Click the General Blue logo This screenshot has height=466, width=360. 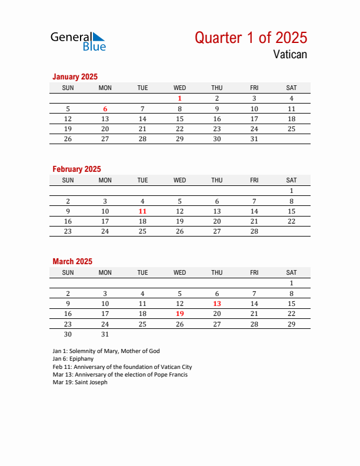(x=78, y=41)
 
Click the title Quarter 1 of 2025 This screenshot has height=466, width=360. (x=251, y=38)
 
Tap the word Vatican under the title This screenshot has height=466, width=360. (x=289, y=55)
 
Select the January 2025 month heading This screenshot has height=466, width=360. (x=75, y=76)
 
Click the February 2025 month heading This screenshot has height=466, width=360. (x=76, y=169)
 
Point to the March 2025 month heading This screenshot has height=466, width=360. (x=72, y=261)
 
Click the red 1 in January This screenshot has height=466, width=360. (x=180, y=99)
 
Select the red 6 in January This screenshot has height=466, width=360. (x=105, y=109)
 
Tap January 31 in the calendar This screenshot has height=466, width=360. (x=254, y=139)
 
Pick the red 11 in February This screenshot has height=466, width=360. (x=142, y=211)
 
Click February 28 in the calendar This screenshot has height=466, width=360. (x=254, y=231)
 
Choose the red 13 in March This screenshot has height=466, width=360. (x=217, y=304)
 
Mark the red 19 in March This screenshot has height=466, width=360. (x=180, y=314)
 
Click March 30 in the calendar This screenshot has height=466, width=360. (x=68, y=334)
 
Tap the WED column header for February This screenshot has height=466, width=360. (x=180, y=180)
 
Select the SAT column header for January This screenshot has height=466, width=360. (x=291, y=88)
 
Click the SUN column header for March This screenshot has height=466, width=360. (x=68, y=272)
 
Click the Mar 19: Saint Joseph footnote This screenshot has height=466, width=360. (x=80, y=382)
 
